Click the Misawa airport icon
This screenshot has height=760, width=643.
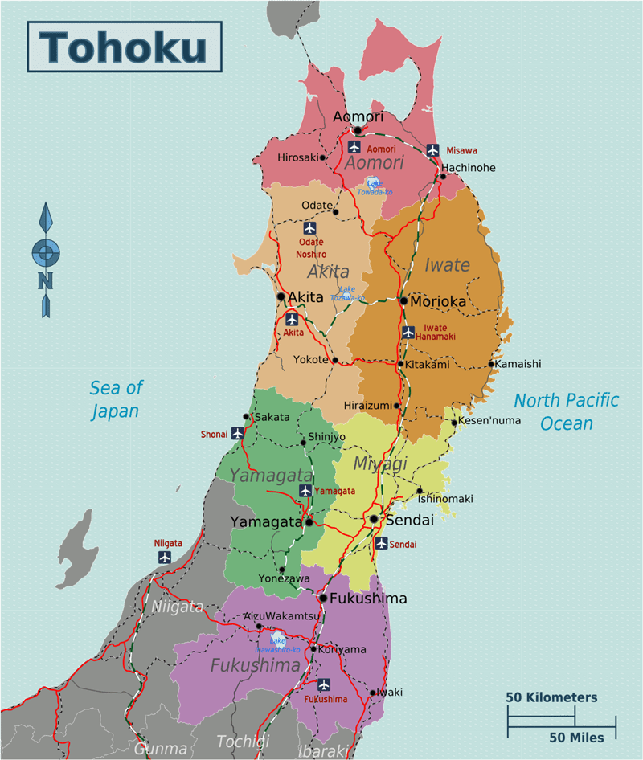433,150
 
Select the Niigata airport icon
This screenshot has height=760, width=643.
166,557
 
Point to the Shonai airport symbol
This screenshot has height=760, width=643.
237,433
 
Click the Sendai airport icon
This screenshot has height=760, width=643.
381,544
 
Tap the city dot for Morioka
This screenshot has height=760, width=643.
403,301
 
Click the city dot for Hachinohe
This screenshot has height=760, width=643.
443,176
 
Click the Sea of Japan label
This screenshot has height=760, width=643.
115,399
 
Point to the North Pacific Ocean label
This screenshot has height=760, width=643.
567,411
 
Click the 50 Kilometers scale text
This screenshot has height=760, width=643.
551,697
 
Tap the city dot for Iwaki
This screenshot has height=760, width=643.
372,692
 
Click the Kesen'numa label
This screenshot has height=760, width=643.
489,420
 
